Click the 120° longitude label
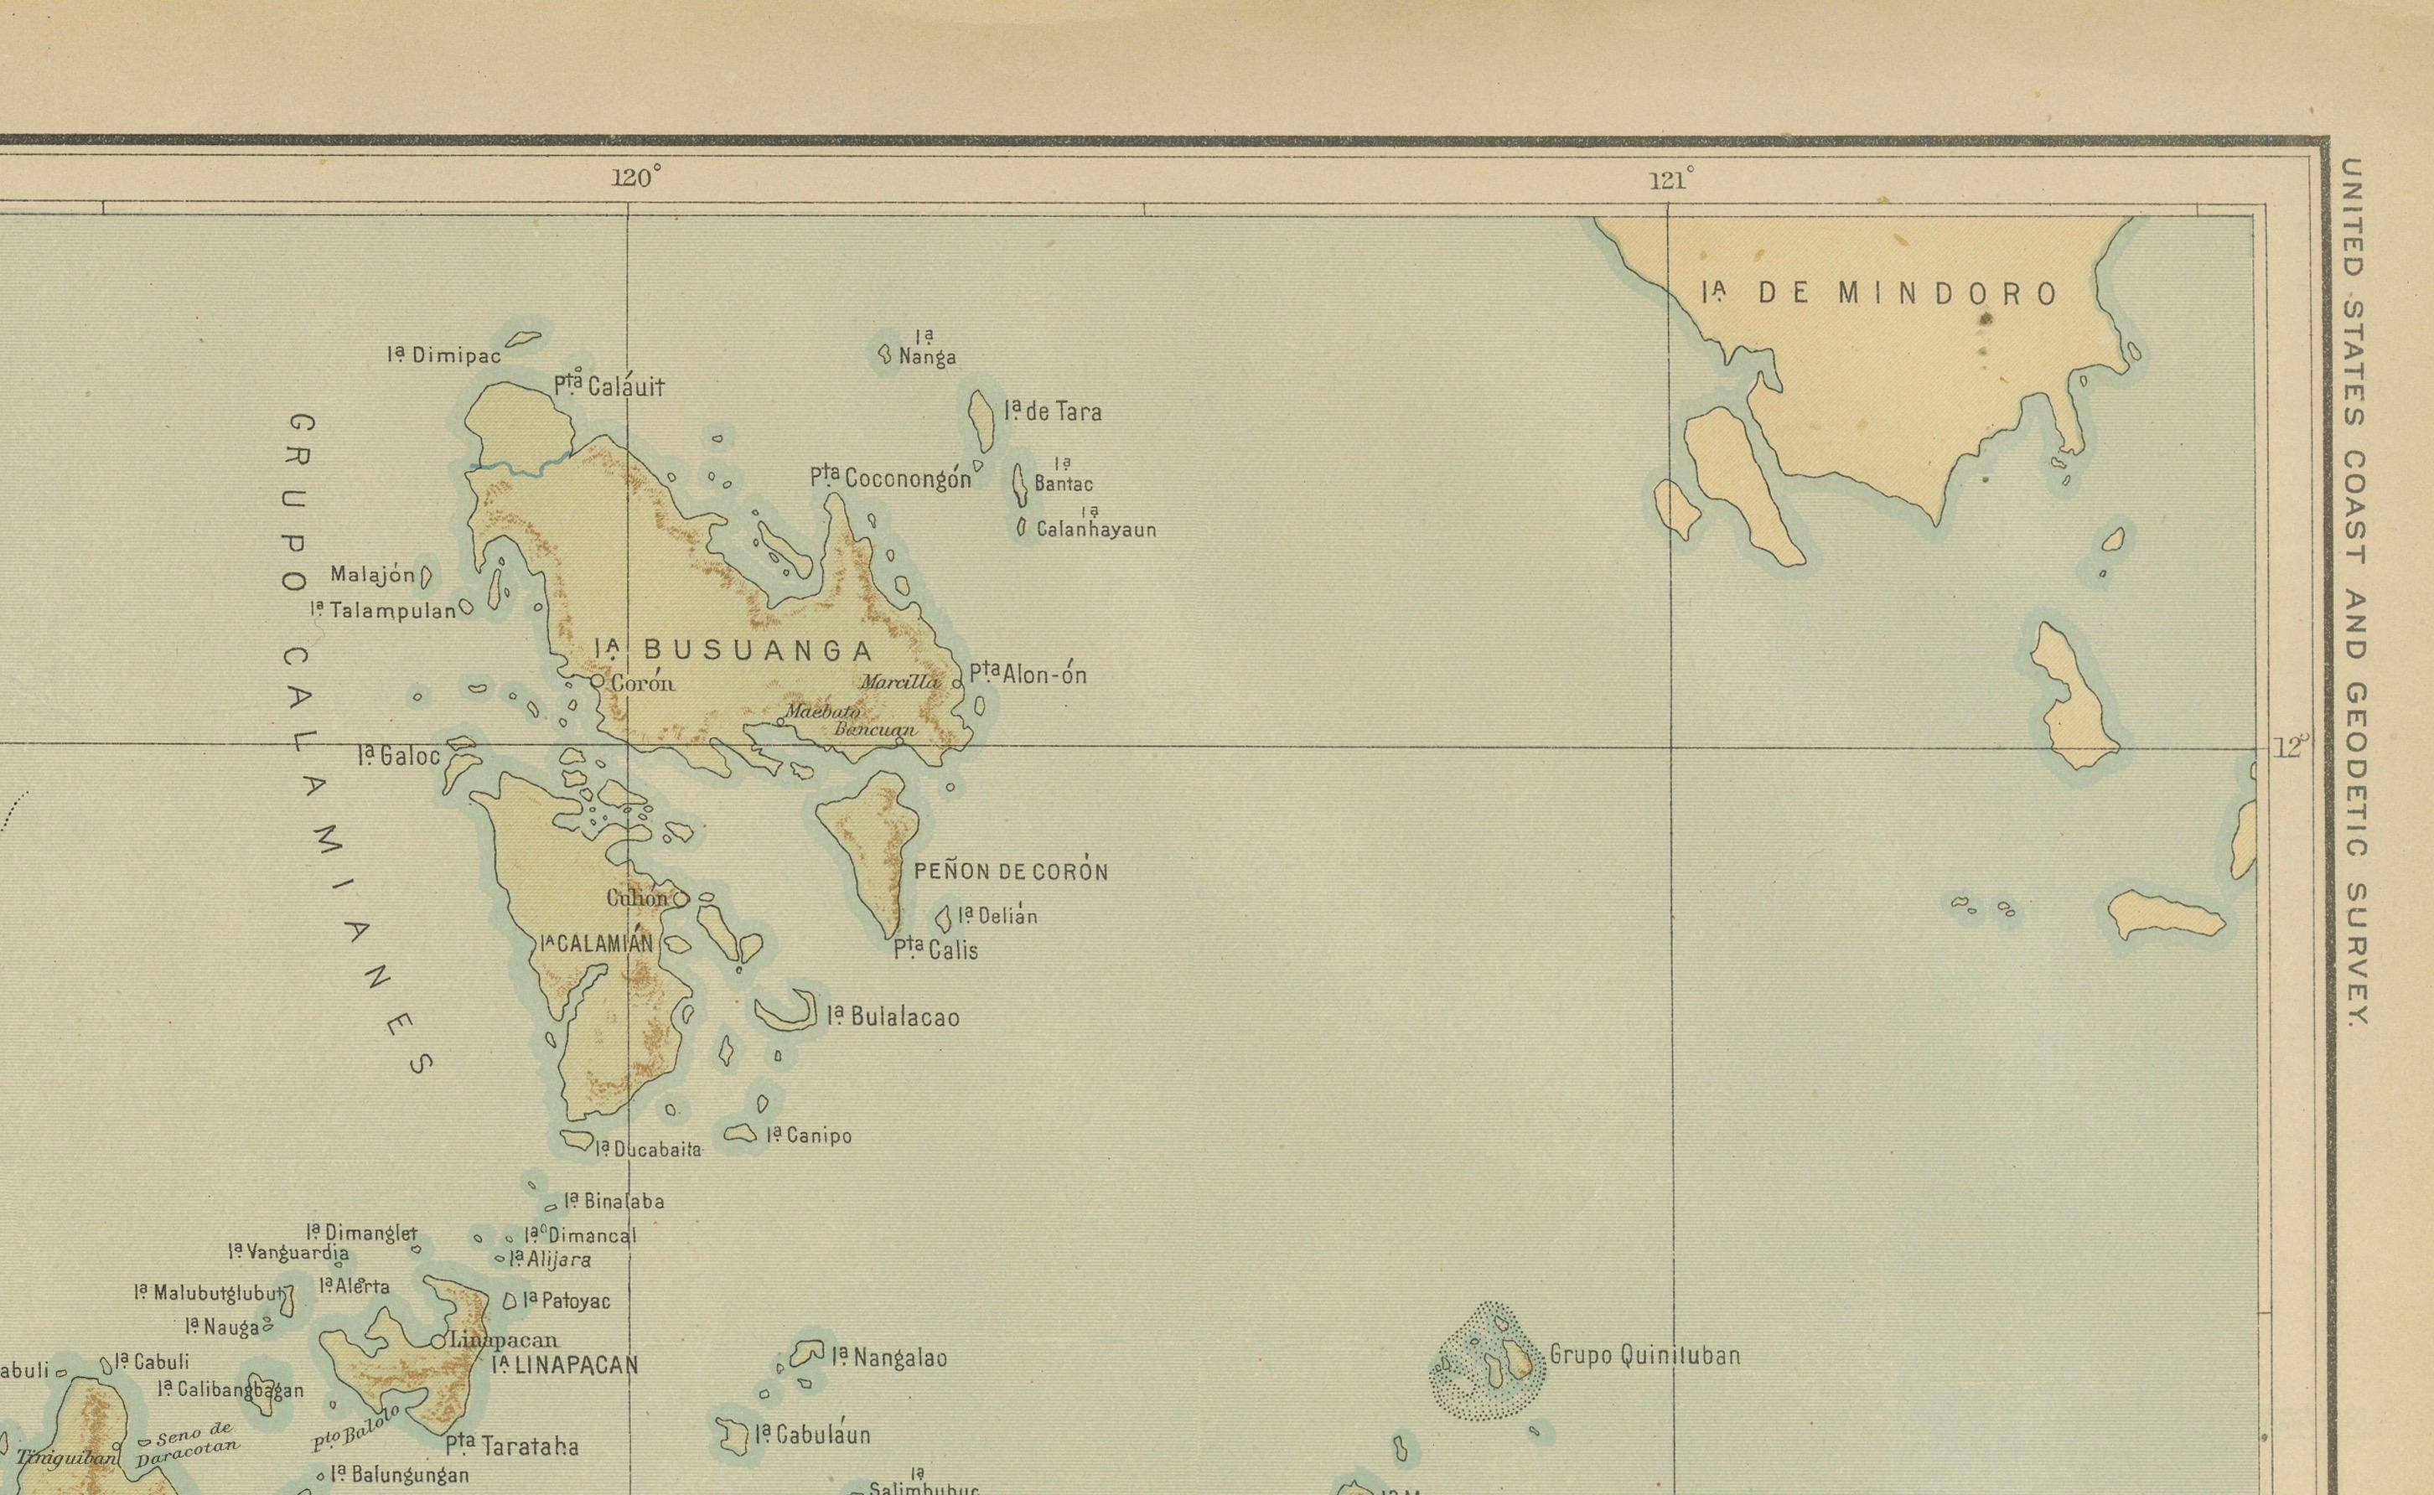pyautogui.click(x=635, y=178)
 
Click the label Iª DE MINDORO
pyautogui.click(x=1879, y=292)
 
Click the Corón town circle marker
pyautogui.click(x=597, y=681)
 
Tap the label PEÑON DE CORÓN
pyautogui.click(x=1010, y=871)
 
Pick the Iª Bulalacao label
pyautogui.click(x=893, y=1016)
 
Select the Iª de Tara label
pyautogui.click(x=1053, y=411)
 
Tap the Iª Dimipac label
pyautogui.click(x=444, y=355)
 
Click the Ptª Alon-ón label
pyautogui.click(x=1028, y=675)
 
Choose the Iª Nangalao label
pyautogui.click(x=888, y=1358)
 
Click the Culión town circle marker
pyautogui.click(x=681, y=899)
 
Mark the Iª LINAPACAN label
pyautogui.click(x=565, y=1365)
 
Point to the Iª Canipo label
pyautogui.click(x=809, y=1135)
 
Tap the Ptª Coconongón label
pyautogui.click(x=891, y=479)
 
